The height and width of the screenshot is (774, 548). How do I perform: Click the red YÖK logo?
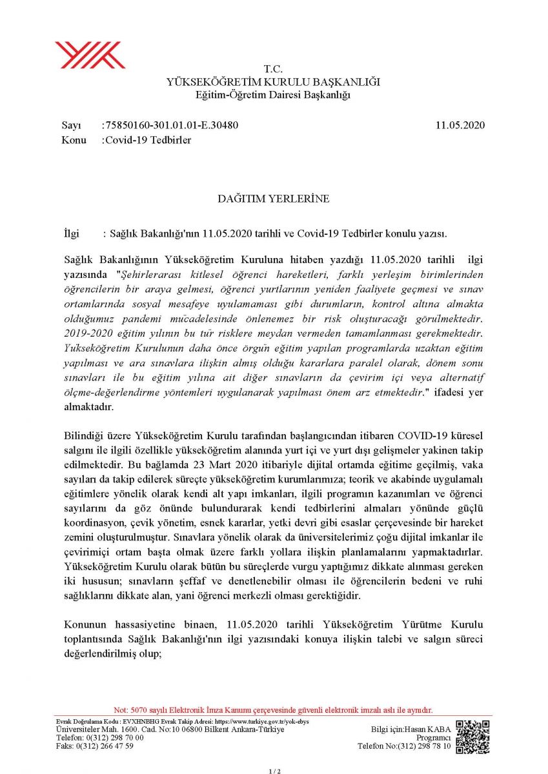(90, 54)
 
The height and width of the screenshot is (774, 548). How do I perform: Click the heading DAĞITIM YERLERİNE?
(274, 199)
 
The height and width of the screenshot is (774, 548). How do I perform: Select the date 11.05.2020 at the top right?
(460, 125)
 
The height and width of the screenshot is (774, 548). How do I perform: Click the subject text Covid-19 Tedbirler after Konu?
(149, 140)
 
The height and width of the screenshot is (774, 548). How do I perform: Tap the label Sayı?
(72, 125)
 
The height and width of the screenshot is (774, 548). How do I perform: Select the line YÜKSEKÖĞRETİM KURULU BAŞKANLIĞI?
(274, 82)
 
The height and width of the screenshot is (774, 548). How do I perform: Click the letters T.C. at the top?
(274, 69)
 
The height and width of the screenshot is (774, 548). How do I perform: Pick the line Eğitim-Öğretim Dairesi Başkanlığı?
(274, 95)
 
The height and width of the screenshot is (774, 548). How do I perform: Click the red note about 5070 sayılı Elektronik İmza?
(273, 709)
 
